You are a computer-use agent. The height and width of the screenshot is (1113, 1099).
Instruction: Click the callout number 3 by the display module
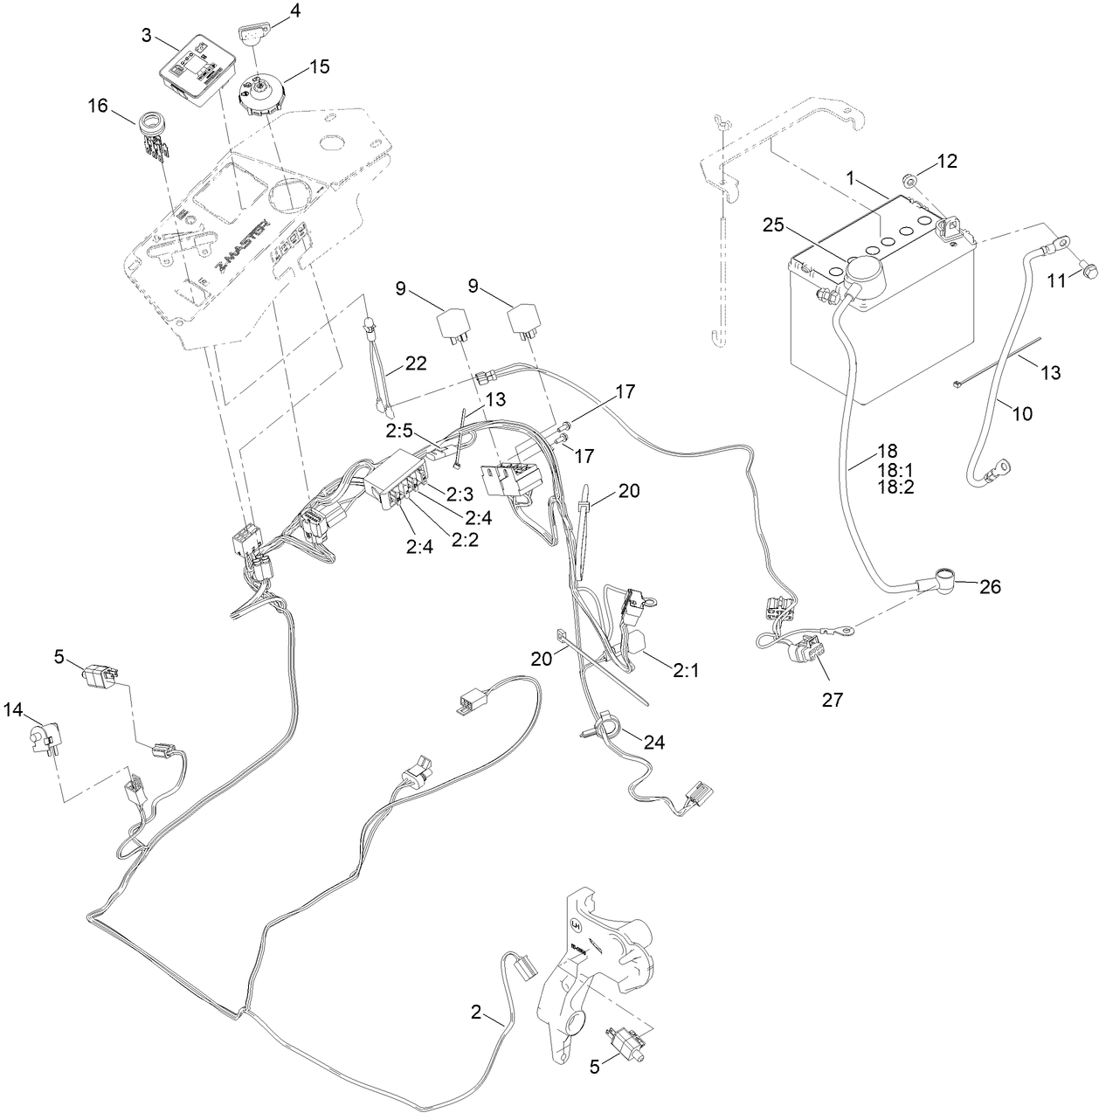click(147, 36)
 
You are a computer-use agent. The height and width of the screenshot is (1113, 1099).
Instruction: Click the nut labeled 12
click(910, 181)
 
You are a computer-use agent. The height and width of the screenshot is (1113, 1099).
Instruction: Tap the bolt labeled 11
click(1088, 273)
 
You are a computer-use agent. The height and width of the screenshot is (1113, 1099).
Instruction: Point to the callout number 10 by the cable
click(1020, 413)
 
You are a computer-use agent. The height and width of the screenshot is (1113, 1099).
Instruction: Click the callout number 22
click(416, 363)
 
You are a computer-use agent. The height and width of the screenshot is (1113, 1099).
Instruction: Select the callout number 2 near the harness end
click(476, 1013)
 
